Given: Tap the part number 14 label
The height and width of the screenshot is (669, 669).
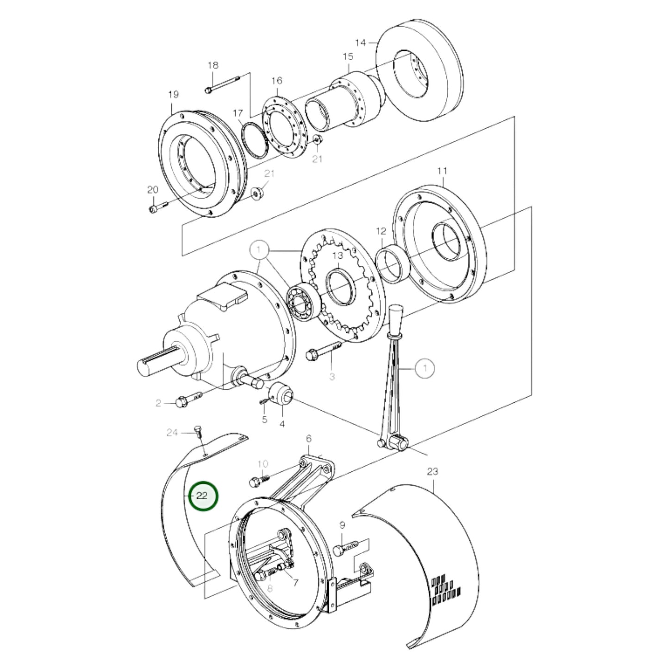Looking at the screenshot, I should click(361, 43).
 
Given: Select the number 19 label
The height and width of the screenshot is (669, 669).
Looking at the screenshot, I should click(173, 95).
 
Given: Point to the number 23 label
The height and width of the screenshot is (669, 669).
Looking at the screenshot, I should click(432, 471).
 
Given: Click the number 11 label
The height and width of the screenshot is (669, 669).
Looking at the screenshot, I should click(442, 171).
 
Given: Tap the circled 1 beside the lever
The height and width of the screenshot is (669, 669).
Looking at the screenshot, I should click(425, 369).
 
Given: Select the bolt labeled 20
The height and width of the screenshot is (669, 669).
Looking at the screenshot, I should click(157, 208).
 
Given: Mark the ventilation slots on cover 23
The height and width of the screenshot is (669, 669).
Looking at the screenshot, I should click(446, 590).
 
